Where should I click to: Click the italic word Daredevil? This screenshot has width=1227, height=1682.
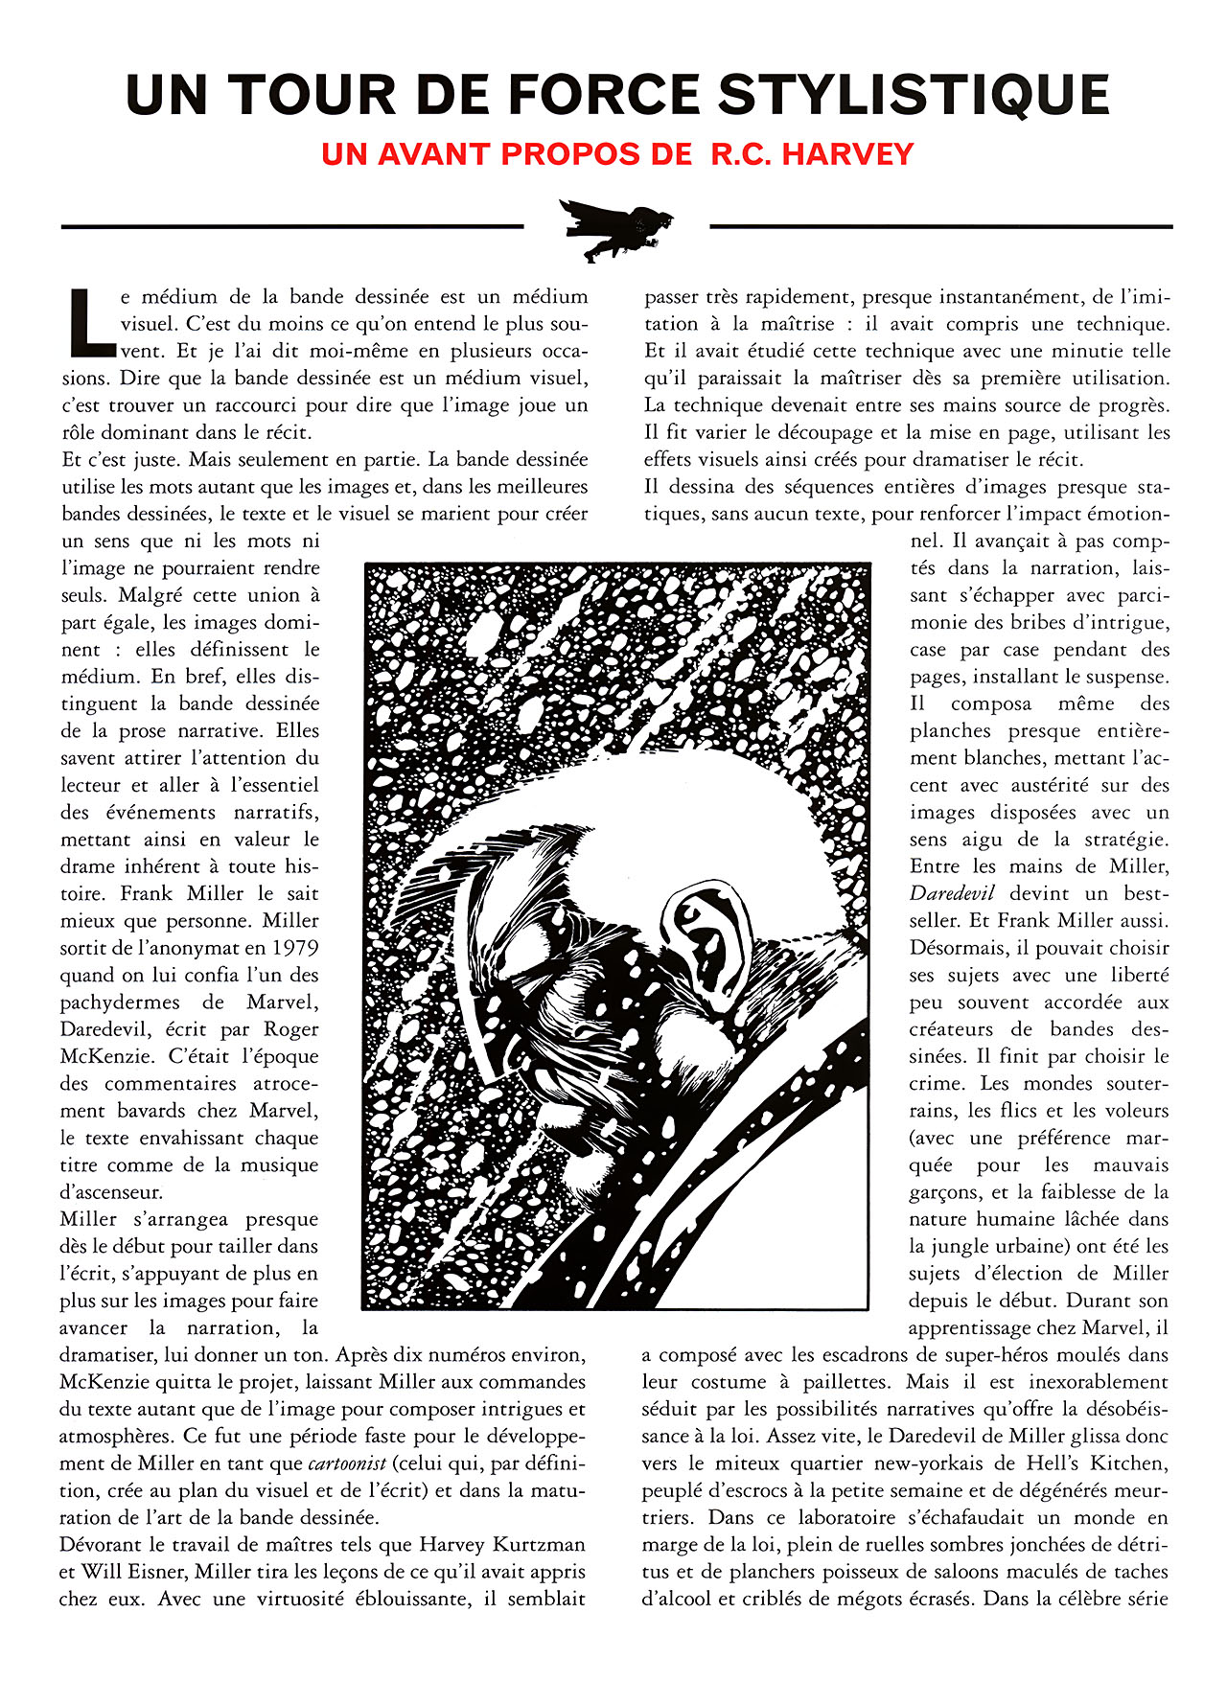pyautogui.click(x=952, y=893)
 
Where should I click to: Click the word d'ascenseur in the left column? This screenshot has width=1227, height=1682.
pyautogui.click(x=111, y=1192)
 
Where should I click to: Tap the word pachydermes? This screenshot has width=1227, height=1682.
pyautogui.click(x=120, y=1002)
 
